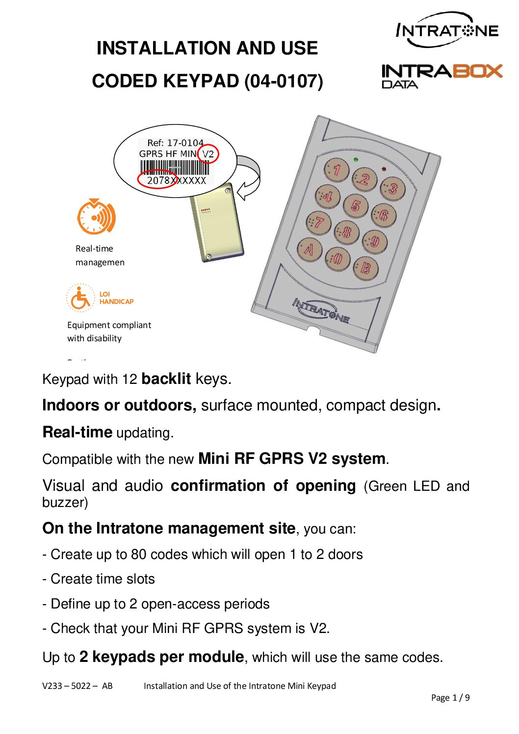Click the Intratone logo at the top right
pyautogui.click(x=447, y=30)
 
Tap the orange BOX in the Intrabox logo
pyautogui.click(x=477, y=72)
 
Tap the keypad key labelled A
pyautogui.click(x=309, y=249)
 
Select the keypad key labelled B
pyautogui.click(x=365, y=268)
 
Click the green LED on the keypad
pyautogui.click(x=356, y=160)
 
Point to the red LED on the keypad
pyautogui.click(x=384, y=169)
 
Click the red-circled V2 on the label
pyautogui.click(x=208, y=154)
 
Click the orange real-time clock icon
pyautogui.click(x=96, y=216)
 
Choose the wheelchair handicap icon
pyautogui.click(x=79, y=298)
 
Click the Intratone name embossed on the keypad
pyautogui.click(x=321, y=310)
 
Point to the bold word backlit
pyautogui.click(x=166, y=379)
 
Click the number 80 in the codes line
pyautogui.click(x=138, y=555)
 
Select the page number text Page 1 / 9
pyautogui.click(x=450, y=698)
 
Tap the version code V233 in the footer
pyautogui.click(x=52, y=686)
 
